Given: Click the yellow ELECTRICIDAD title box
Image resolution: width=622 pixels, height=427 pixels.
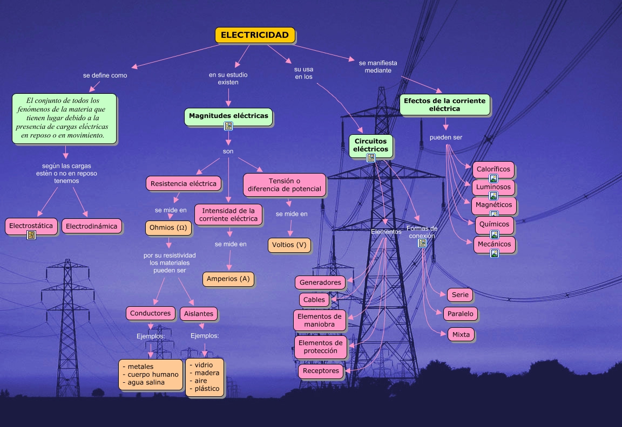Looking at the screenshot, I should [255, 35].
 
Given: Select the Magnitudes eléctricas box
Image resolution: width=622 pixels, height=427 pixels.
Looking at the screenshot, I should [228, 116].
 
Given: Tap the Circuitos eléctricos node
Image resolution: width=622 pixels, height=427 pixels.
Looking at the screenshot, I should [371, 145].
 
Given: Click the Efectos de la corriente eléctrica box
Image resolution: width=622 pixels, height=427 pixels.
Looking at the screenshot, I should [444, 105].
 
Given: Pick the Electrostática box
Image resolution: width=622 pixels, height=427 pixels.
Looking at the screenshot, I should [31, 226].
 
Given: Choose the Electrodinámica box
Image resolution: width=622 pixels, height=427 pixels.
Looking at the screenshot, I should [91, 226].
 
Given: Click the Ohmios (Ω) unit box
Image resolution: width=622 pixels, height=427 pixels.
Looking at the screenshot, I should [168, 228].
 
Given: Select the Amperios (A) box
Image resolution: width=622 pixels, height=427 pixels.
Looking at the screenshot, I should [228, 279].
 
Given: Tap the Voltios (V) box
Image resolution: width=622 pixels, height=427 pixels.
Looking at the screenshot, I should [289, 245].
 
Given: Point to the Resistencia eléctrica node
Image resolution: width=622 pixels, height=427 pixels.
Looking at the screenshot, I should [184, 183].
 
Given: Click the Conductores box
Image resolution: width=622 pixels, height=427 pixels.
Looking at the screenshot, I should [151, 313].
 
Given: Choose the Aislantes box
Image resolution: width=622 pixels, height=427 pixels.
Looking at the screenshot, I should [199, 313].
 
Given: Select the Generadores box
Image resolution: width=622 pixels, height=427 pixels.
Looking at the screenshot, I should [320, 283].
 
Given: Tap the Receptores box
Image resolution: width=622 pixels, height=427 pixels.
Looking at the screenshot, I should [321, 371].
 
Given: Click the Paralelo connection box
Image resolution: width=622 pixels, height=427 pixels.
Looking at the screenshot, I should [460, 313].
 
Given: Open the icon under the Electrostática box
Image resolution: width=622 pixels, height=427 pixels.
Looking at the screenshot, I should [31, 236].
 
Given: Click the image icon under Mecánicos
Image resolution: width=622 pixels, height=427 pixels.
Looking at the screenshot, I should [494, 253].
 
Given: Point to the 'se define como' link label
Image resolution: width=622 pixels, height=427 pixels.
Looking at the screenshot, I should [105, 75].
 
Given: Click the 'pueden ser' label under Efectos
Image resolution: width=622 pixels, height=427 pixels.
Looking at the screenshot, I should [446, 137].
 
